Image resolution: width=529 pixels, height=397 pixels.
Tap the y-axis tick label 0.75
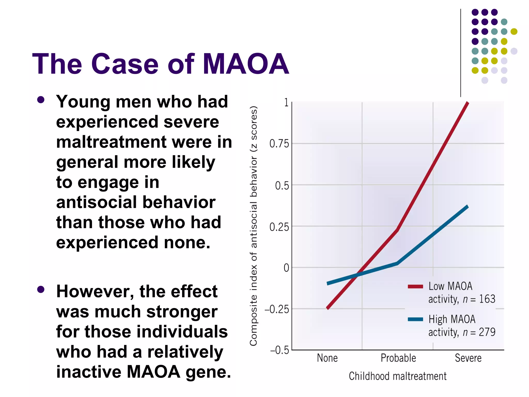(279, 144)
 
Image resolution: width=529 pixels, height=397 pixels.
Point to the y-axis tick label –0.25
(277, 309)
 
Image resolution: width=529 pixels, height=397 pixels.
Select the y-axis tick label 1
(286, 103)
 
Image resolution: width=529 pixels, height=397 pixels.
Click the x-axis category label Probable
(398, 358)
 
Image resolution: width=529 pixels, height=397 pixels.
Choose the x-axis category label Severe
(468, 358)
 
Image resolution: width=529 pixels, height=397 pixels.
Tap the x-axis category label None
(327, 358)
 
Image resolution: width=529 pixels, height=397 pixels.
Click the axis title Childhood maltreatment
(398, 376)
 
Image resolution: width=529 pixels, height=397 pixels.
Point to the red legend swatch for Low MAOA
(415, 286)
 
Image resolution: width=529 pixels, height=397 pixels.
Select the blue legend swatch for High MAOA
(415, 319)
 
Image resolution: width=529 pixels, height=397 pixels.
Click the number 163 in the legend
(487, 299)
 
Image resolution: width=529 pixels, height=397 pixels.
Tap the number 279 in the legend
(487, 332)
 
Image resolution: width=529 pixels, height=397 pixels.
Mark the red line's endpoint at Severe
(468, 103)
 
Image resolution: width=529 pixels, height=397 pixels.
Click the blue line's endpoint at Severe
(468, 206)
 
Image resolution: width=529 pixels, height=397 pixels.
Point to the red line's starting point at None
(328, 308)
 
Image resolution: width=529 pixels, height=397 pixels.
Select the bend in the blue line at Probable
(397, 263)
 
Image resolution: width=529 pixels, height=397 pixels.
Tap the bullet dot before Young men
(41, 100)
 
